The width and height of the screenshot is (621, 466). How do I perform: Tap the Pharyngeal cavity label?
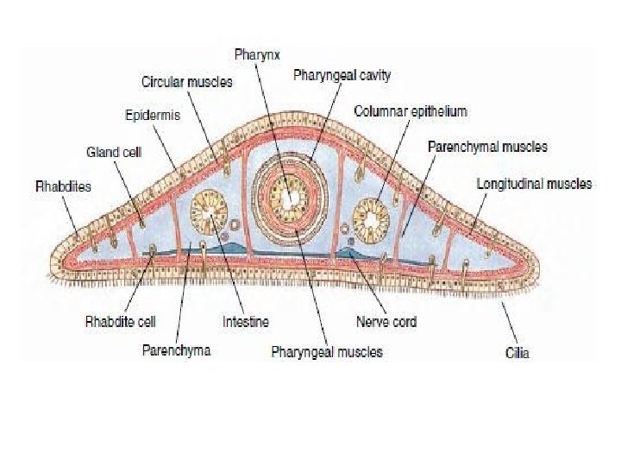[x=342, y=75]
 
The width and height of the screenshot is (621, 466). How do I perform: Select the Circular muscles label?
[x=187, y=82]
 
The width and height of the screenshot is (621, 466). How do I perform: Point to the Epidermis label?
[x=153, y=116]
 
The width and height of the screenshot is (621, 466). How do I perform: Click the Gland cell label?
[x=114, y=152]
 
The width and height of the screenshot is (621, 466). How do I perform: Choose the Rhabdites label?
[x=64, y=186]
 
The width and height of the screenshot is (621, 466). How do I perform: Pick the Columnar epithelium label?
[x=411, y=111]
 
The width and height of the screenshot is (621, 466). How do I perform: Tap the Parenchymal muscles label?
[x=487, y=147]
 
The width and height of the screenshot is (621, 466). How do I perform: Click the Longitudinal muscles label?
[x=535, y=184]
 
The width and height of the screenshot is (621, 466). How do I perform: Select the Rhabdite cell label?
[x=120, y=322]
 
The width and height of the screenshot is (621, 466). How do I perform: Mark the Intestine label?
[x=246, y=322]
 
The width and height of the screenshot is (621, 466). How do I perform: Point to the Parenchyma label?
[x=176, y=350]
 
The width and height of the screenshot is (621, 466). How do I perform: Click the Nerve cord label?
[x=386, y=322]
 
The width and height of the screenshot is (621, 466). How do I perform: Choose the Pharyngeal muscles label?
[x=327, y=351]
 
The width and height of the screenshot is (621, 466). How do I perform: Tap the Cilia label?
[x=517, y=352]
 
